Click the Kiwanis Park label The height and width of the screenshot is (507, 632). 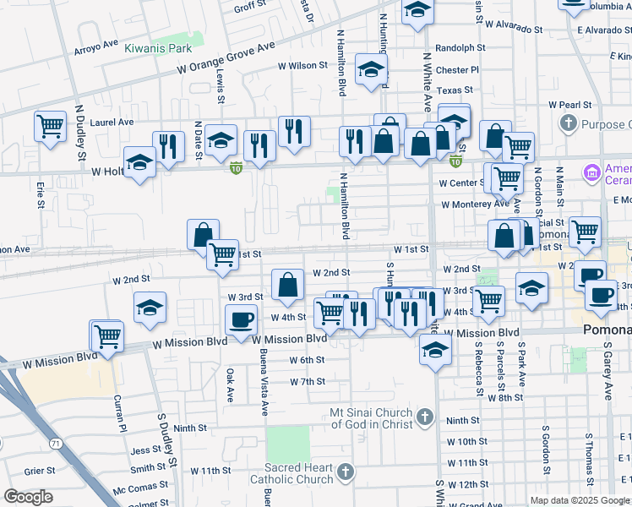click(159, 49)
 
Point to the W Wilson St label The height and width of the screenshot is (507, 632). click(302, 65)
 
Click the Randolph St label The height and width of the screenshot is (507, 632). click(460, 49)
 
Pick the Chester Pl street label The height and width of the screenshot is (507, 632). click(458, 70)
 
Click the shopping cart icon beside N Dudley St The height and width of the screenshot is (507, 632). click(51, 127)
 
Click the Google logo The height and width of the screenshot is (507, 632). click(29, 497)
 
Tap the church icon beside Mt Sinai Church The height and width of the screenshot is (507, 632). click(424, 417)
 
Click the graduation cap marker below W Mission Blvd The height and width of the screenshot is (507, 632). click(435, 351)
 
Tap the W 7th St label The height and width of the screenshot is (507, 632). click(308, 382)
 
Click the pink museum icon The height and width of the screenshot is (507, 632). click(591, 173)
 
